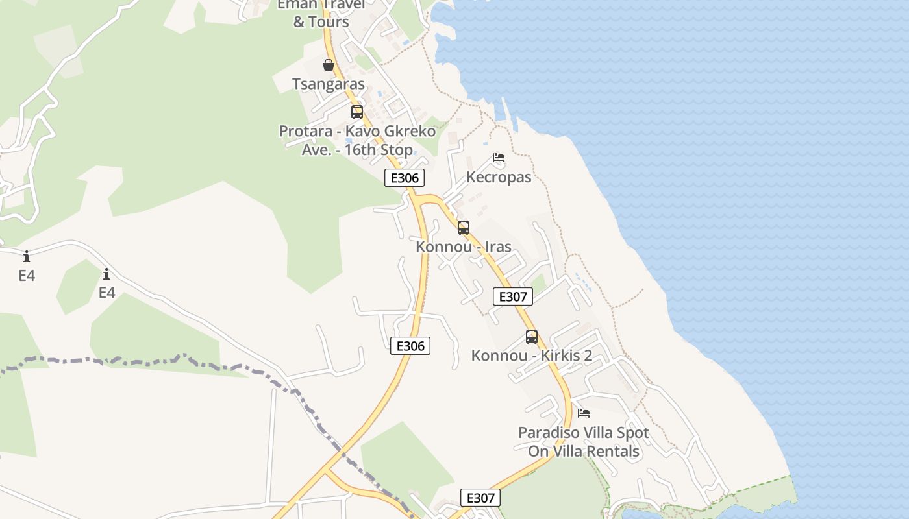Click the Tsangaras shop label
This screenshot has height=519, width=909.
click(x=329, y=84)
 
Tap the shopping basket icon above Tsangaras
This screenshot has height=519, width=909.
click(x=329, y=65)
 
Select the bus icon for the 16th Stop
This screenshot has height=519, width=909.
click(x=357, y=112)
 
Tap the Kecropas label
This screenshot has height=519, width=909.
click(x=499, y=177)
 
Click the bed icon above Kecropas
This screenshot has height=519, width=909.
click(x=499, y=158)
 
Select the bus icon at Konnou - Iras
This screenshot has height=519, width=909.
click(x=463, y=228)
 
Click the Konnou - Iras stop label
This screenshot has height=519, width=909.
click(x=464, y=247)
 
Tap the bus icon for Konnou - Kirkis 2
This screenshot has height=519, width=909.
click(x=532, y=337)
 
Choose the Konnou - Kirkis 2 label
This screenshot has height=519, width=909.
click(x=532, y=356)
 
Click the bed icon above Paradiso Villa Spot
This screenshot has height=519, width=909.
click(x=584, y=413)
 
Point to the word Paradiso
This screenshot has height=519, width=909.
click(x=547, y=433)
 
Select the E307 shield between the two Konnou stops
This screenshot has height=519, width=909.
click(x=513, y=297)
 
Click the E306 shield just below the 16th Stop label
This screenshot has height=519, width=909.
click(x=405, y=178)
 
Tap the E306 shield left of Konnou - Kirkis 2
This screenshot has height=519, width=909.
click(x=410, y=346)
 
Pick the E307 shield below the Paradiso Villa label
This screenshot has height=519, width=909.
click(x=480, y=498)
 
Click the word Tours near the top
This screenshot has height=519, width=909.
click(x=329, y=22)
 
